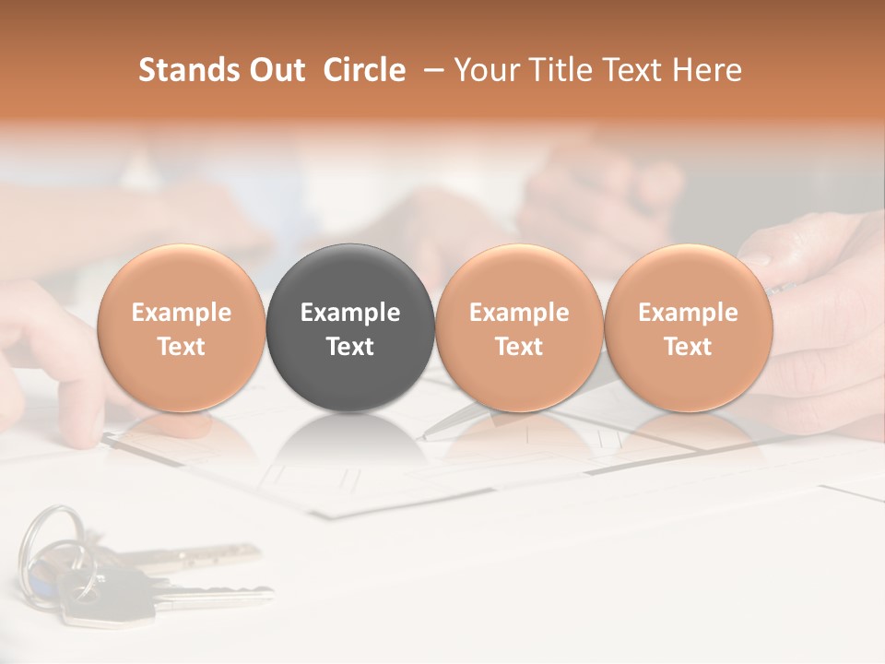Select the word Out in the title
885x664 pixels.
click(277, 70)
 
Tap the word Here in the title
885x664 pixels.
click(705, 70)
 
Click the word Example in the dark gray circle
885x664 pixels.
click(350, 313)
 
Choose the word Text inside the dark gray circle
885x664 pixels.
click(350, 347)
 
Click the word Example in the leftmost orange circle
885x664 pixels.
click(182, 313)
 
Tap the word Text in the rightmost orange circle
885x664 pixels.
click(688, 347)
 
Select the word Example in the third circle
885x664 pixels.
click(519, 313)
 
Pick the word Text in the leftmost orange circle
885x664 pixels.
click(182, 347)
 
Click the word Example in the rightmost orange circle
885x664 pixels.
click(688, 313)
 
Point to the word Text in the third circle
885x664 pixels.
click(519, 347)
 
